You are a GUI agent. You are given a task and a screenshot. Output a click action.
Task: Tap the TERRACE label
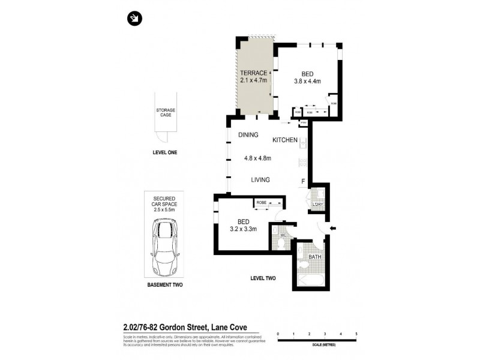(x=254, y=73)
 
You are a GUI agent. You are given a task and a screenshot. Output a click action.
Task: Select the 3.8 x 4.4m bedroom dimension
(x=308, y=81)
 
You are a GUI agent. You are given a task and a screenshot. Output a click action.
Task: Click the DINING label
(x=248, y=135)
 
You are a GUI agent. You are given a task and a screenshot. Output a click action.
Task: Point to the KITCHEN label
(x=285, y=140)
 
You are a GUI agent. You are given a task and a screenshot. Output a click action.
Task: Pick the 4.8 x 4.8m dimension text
(x=258, y=158)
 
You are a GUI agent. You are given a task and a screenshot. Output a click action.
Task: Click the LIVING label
(x=260, y=179)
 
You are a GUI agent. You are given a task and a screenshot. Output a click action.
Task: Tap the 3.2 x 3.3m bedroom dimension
(x=242, y=229)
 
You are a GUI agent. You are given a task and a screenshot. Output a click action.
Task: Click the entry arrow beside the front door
(x=334, y=227)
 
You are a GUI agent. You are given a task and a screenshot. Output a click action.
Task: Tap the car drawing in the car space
(x=165, y=246)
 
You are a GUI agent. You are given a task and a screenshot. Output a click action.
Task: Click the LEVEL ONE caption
(x=165, y=152)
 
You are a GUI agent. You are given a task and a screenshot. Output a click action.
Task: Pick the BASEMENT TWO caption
(x=165, y=286)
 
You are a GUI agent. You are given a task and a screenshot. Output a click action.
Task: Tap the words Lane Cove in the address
(x=242, y=328)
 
